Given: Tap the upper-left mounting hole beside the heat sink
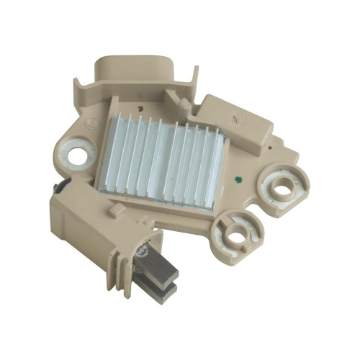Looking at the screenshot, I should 78,156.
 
